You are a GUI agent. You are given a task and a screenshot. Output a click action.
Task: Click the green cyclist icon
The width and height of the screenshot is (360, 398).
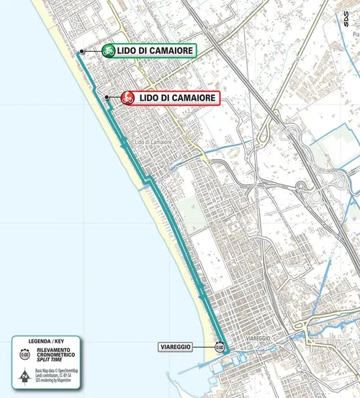[x=109, y=50]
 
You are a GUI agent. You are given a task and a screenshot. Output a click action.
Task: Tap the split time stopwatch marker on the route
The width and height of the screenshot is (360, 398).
[x=219, y=347]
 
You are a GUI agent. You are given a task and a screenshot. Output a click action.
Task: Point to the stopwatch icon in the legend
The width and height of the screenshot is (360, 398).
[x=24, y=354]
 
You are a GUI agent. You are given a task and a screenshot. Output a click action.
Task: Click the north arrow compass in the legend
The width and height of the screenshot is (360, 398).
[x=24, y=374]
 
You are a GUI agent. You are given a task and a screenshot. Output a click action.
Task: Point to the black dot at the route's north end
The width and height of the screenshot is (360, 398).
[x=82, y=51]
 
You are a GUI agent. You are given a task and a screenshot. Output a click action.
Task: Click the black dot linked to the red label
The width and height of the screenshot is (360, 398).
[x=107, y=97]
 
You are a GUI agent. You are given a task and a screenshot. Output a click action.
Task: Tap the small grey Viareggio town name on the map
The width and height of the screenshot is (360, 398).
[x=256, y=337]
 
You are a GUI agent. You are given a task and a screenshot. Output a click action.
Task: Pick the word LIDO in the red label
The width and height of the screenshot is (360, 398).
[x=149, y=97]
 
